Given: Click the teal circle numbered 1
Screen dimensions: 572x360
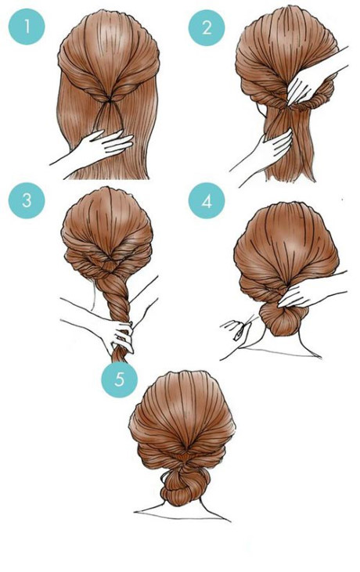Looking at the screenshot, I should tap(27, 28).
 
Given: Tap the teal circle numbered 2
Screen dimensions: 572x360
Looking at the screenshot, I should tap(207, 28).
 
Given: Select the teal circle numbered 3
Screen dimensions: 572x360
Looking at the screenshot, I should tap(27, 200).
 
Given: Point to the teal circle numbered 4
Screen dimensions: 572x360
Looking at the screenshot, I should tap(207, 200).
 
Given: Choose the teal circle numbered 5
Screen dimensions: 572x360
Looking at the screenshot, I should tap(119, 380).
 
